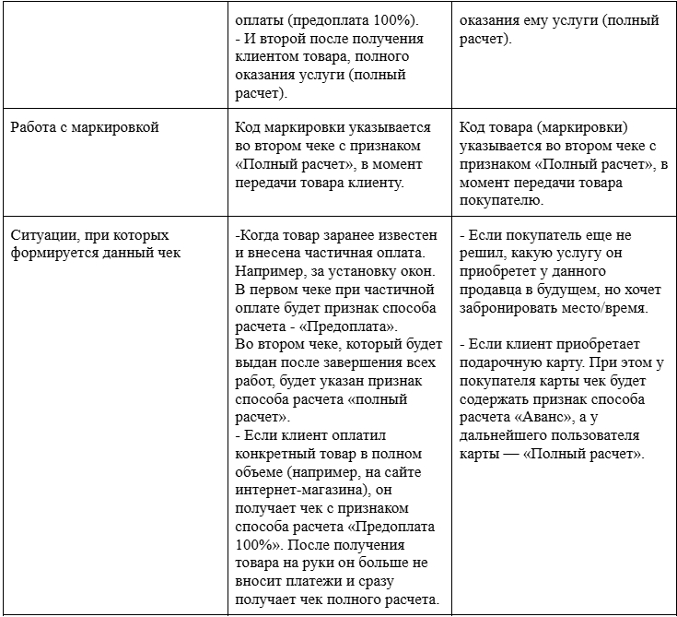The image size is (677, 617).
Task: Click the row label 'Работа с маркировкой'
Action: coord(85,127)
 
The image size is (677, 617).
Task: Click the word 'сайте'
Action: coord(402,473)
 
